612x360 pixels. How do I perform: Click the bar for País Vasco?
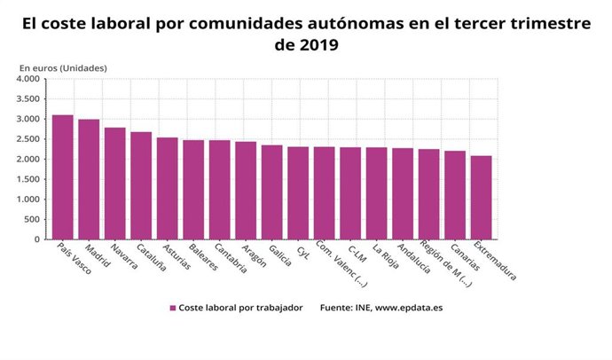click(63, 176)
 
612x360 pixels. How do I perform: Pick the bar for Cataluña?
click(141, 185)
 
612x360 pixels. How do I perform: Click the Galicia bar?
click(271, 192)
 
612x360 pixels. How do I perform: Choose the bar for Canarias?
click(455, 194)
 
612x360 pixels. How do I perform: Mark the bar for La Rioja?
click(376, 192)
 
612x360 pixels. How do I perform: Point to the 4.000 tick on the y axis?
click(27, 79)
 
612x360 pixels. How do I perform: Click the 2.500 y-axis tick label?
click(27, 139)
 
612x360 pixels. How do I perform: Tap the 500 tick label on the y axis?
click(32, 219)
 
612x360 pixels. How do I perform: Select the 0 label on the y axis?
click(36, 239)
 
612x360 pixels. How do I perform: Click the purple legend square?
click(173, 308)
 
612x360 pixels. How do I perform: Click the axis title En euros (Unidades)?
click(63, 67)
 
